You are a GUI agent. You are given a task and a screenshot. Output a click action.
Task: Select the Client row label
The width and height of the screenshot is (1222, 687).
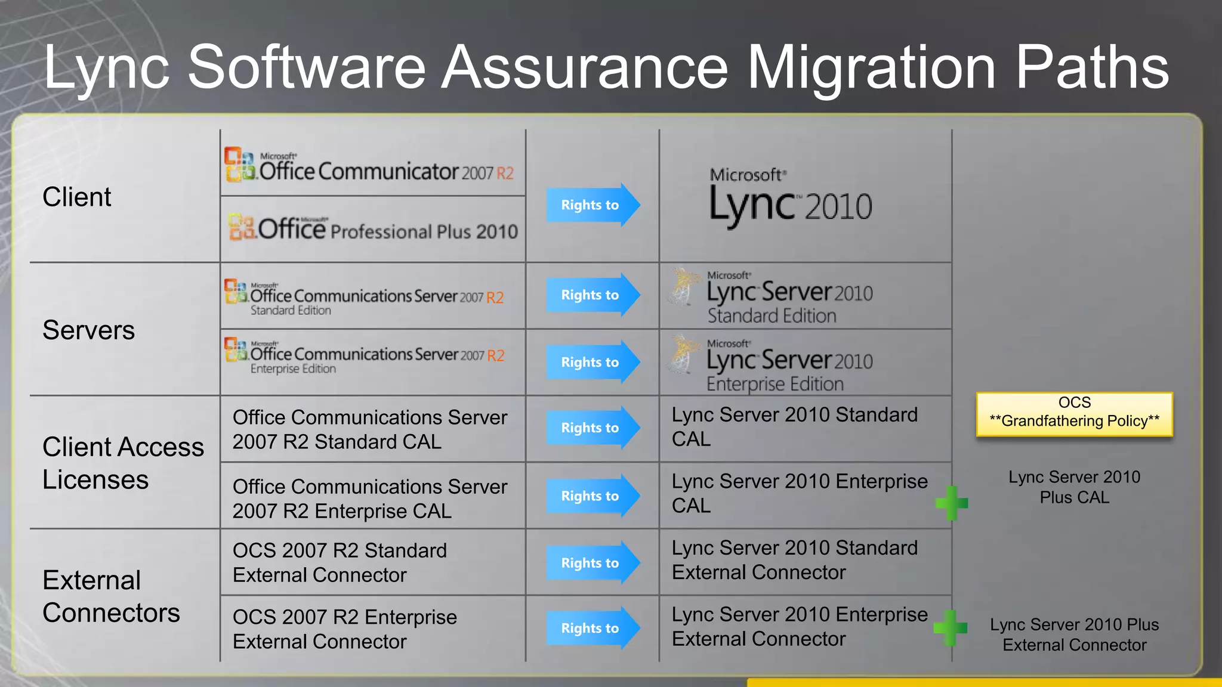[x=77, y=197]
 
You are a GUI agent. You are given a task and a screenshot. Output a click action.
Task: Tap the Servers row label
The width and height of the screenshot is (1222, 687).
[x=88, y=330]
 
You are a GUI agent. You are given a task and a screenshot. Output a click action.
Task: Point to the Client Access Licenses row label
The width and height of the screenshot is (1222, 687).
[x=122, y=463]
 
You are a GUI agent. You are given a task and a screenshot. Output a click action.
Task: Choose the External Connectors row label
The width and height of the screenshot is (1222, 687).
[x=111, y=596]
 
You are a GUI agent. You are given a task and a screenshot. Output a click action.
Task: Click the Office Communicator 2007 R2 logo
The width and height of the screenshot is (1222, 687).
[x=369, y=165]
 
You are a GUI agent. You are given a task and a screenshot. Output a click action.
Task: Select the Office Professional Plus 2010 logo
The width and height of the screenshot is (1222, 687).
[x=373, y=229]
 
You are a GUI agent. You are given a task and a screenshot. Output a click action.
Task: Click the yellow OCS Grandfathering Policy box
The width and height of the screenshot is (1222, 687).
[x=1074, y=413]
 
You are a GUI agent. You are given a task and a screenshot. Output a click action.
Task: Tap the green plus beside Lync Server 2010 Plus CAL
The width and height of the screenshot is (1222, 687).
[x=952, y=503]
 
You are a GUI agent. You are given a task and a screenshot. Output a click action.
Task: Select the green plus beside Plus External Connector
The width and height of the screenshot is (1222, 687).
[x=950, y=627]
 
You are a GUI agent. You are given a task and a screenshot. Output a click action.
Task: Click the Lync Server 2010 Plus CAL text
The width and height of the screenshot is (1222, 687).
[x=1074, y=487]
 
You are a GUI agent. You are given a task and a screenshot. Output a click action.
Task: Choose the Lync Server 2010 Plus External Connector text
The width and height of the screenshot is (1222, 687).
[x=1074, y=635]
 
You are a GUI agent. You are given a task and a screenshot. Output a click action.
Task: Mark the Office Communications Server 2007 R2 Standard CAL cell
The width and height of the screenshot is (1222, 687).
[x=369, y=429]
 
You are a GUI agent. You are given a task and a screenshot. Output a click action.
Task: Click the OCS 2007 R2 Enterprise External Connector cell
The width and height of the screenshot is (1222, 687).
[x=344, y=629]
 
